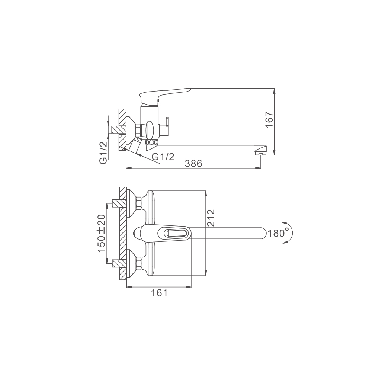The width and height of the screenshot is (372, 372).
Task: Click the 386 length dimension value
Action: [x=193, y=163]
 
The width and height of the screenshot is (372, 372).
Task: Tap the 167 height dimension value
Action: [x=269, y=119]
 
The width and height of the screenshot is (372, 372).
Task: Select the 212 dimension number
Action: [x=211, y=218]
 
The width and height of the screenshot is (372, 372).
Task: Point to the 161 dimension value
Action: [x=160, y=293]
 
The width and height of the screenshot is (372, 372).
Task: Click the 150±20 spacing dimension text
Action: [x=101, y=233]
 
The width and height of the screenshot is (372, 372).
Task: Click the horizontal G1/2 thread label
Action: [x=163, y=157]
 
